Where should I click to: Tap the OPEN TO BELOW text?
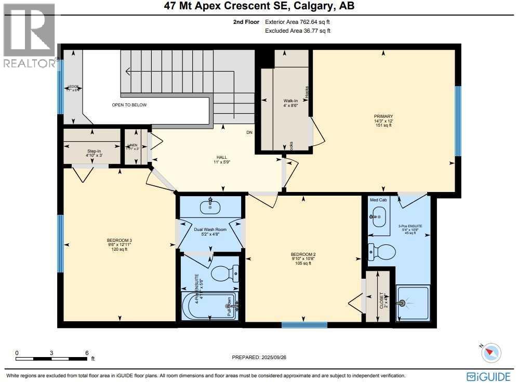click(x=129, y=105)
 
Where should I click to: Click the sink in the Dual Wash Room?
click(x=210, y=207)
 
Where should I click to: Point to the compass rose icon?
click(x=491, y=353)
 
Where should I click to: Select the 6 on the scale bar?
click(x=87, y=353)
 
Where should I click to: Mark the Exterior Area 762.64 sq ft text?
click(x=297, y=22)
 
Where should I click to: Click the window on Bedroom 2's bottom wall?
click(x=304, y=325)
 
